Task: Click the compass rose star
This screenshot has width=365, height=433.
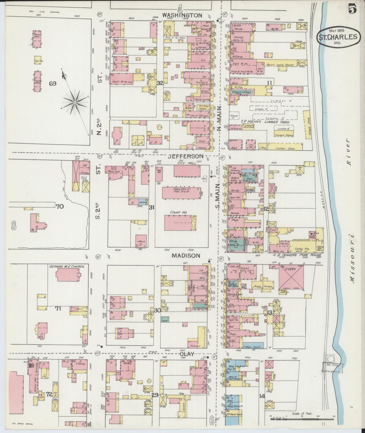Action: [75, 102]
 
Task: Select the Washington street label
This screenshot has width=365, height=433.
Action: [182, 15]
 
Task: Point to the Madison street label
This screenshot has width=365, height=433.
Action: [186, 256]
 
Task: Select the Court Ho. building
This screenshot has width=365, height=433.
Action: [179, 223]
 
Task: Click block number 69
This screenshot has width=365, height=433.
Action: [53, 84]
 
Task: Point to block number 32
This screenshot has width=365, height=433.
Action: [160, 83]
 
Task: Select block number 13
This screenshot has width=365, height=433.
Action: [270, 313]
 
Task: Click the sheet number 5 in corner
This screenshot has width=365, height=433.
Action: [352, 9]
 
